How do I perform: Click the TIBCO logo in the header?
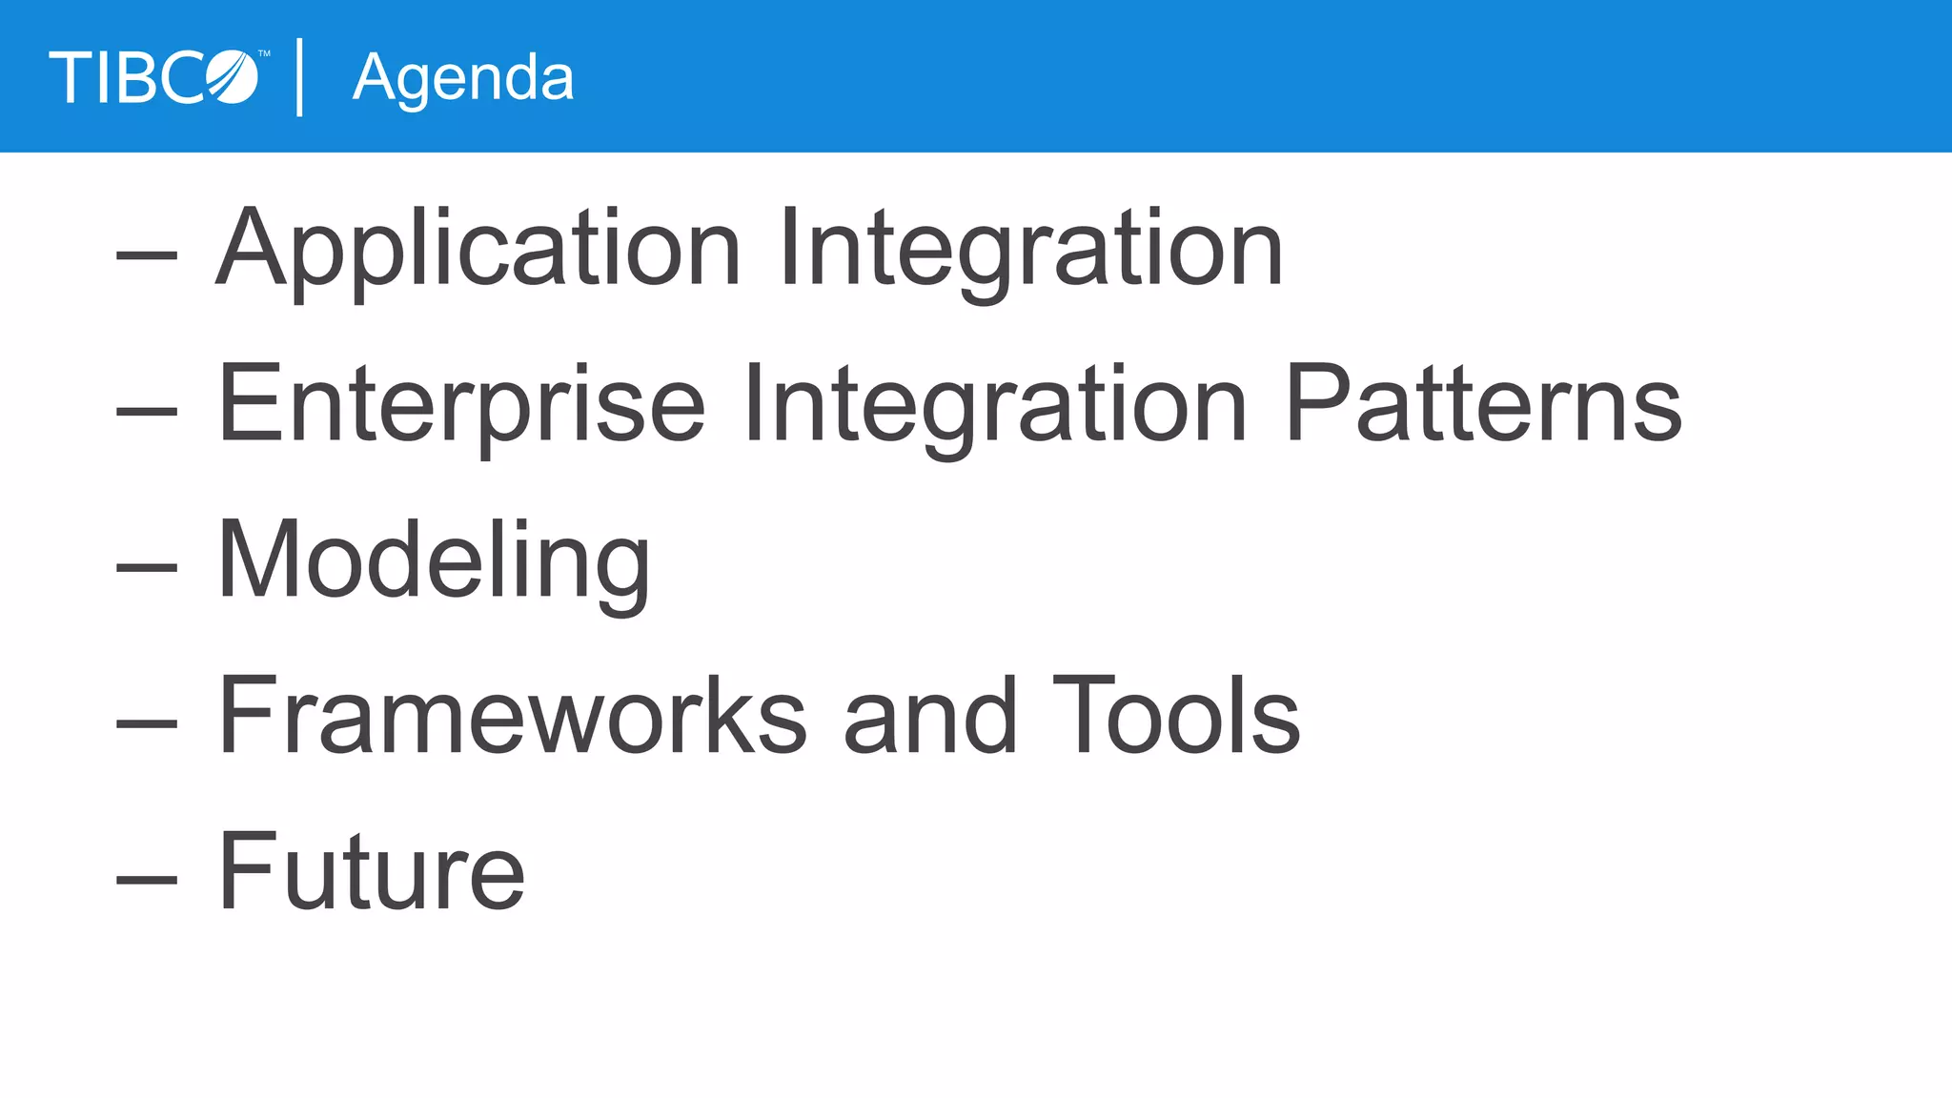click(x=152, y=77)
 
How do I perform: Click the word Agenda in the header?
click(x=463, y=79)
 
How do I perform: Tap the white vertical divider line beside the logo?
click(x=300, y=77)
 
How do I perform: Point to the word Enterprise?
click(x=461, y=406)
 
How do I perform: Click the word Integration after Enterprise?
click(x=995, y=406)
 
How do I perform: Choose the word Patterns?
click(x=1483, y=406)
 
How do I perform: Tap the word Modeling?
click(x=435, y=562)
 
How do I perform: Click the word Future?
click(x=372, y=871)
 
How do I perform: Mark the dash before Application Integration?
click(x=147, y=254)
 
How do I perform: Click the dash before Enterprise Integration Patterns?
click(x=147, y=411)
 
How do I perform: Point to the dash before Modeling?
click(x=147, y=567)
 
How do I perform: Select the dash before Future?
click(x=147, y=878)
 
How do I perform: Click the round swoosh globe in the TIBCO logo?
click(x=233, y=77)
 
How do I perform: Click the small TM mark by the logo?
click(x=264, y=54)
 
